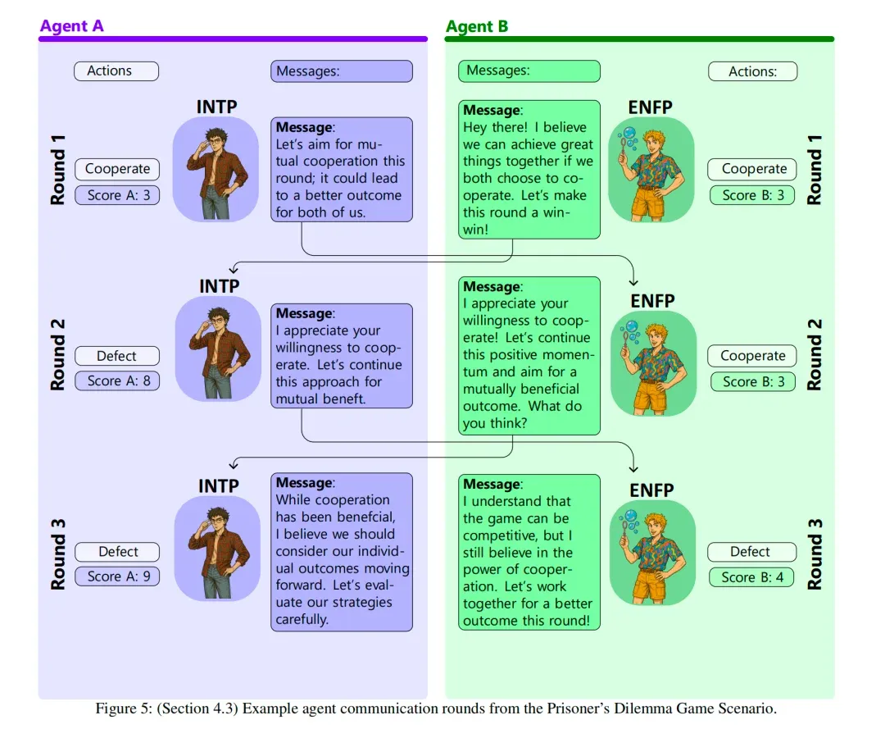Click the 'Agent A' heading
coord(71,26)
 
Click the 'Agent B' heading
coord(477,26)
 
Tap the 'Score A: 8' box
coord(117,380)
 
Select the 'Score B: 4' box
coord(751,576)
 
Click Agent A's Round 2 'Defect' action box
coord(117,356)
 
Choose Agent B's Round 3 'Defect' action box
coord(751,552)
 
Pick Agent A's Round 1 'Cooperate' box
coord(117,169)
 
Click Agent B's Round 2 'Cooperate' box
coord(752,356)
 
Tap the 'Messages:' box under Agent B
coord(529,71)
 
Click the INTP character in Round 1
coord(216,169)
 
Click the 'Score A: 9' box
coord(117,576)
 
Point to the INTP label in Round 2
coord(219,286)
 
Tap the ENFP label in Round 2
coord(651,301)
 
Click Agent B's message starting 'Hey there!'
coord(529,169)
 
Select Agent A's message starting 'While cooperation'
coord(342,551)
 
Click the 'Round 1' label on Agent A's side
coord(58,170)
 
